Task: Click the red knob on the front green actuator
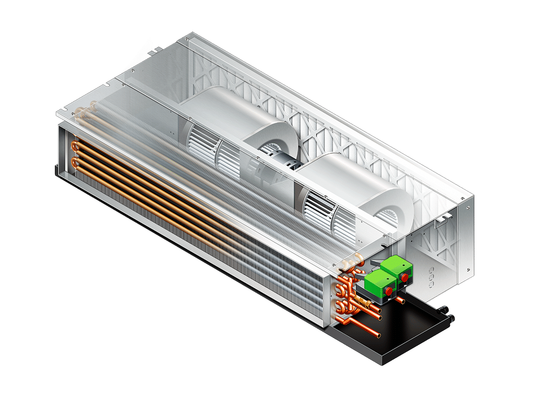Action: coord(387,291)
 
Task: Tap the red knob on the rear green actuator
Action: coord(405,277)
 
